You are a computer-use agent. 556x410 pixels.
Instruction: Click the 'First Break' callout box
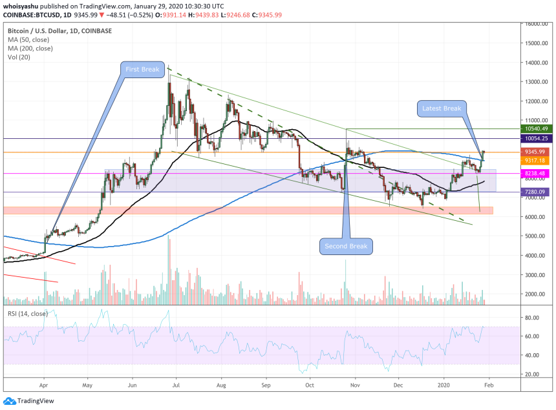[x=142, y=70]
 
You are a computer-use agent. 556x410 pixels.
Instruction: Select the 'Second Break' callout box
[x=346, y=246]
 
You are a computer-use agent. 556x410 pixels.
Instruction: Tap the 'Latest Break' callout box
[x=441, y=108]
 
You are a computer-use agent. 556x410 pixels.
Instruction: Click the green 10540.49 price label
[x=535, y=128]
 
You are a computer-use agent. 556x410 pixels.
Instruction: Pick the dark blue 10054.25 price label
[x=535, y=138]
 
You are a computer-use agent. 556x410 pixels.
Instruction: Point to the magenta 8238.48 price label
[x=535, y=173]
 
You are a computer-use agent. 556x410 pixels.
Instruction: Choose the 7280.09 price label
[x=535, y=192]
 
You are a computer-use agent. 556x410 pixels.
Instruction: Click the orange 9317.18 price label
[x=535, y=160]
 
